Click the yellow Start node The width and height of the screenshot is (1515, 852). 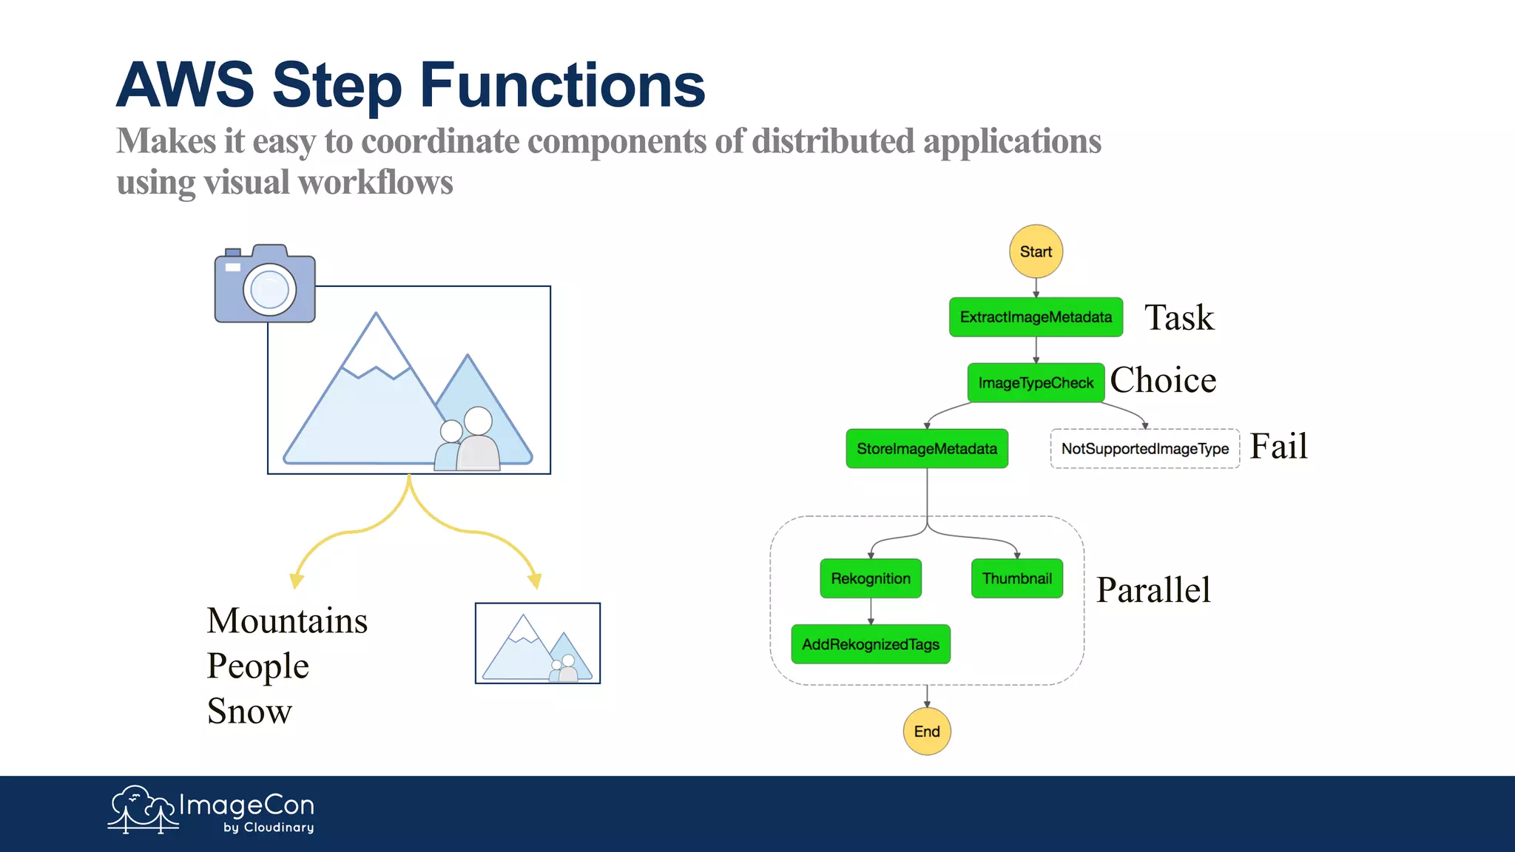1036,251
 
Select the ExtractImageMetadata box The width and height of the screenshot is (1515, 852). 1036,317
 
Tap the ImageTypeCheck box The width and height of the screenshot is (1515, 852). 1036,383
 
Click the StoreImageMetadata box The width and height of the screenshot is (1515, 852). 927,449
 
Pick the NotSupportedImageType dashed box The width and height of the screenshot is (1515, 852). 1144,449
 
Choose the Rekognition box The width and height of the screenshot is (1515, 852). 871,578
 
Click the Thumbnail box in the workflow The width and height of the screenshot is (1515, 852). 1017,578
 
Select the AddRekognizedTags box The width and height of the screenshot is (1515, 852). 871,644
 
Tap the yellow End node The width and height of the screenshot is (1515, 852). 927,731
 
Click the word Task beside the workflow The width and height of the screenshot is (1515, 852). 1179,318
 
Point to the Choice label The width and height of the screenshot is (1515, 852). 1163,380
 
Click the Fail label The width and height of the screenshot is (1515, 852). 1278,447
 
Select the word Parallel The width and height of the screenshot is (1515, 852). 1153,590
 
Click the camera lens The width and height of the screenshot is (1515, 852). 269,289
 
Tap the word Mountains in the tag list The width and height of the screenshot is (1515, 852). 287,621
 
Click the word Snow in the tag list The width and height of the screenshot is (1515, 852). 249,711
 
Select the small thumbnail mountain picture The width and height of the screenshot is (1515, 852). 538,643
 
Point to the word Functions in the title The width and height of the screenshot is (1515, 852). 562,85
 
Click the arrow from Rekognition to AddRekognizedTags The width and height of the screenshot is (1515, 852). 871,612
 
